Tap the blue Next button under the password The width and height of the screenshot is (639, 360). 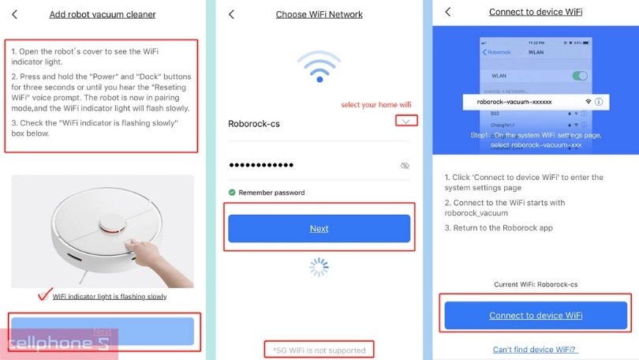tap(319, 228)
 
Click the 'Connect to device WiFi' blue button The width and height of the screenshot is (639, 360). tap(536, 315)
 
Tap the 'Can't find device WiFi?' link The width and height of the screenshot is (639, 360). tap(535, 349)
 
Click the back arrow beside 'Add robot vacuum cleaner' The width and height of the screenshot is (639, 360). tap(14, 14)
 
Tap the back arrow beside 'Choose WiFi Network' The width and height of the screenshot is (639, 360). tap(231, 14)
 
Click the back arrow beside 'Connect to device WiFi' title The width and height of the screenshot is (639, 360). tap(448, 12)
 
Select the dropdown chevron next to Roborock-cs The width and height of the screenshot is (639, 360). tap(406, 121)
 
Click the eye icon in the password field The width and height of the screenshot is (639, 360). tap(405, 166)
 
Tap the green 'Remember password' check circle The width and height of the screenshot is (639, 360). tap(232, 192)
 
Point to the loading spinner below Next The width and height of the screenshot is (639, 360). tap(319, 267)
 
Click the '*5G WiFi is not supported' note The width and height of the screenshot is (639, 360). tap(319, 350)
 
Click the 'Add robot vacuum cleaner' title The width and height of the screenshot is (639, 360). tap(102, 14)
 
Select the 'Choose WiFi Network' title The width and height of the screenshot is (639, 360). tap(319, 14)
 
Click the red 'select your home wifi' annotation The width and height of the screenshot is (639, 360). tap(376, 105)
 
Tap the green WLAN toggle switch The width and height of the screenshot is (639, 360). tap(580, 76)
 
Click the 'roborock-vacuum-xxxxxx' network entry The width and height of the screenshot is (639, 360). tap(515, 102)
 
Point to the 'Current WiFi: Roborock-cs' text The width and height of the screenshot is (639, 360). tap(536, 283)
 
